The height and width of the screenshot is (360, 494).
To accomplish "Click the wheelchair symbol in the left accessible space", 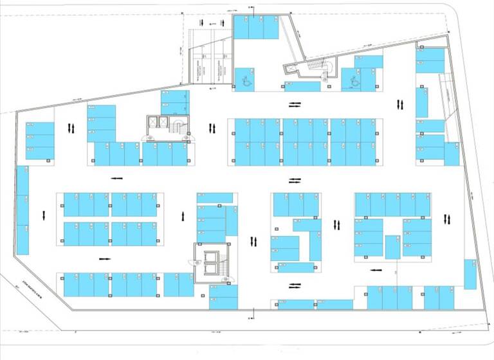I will pyautogui.click(x=245, y=80).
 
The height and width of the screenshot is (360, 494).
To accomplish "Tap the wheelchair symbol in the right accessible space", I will pyautogui.click(x=352, y=80).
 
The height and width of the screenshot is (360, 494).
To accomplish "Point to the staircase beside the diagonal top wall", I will pyautogui.click(x=316, y=64).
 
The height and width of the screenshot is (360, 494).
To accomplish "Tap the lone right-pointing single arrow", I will pyautogui.click(x=105, y=258).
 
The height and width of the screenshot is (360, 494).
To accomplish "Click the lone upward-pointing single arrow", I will pyautogui.click(x=185, y=215).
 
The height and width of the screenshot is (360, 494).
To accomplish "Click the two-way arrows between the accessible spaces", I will pyautogui.click(x=295, y=104).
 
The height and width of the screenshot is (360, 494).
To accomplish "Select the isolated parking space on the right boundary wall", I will pyautogui.click(x=470, y=274).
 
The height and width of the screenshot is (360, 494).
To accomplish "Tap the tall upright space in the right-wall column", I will pyautogui.click(x=422, y=102).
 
